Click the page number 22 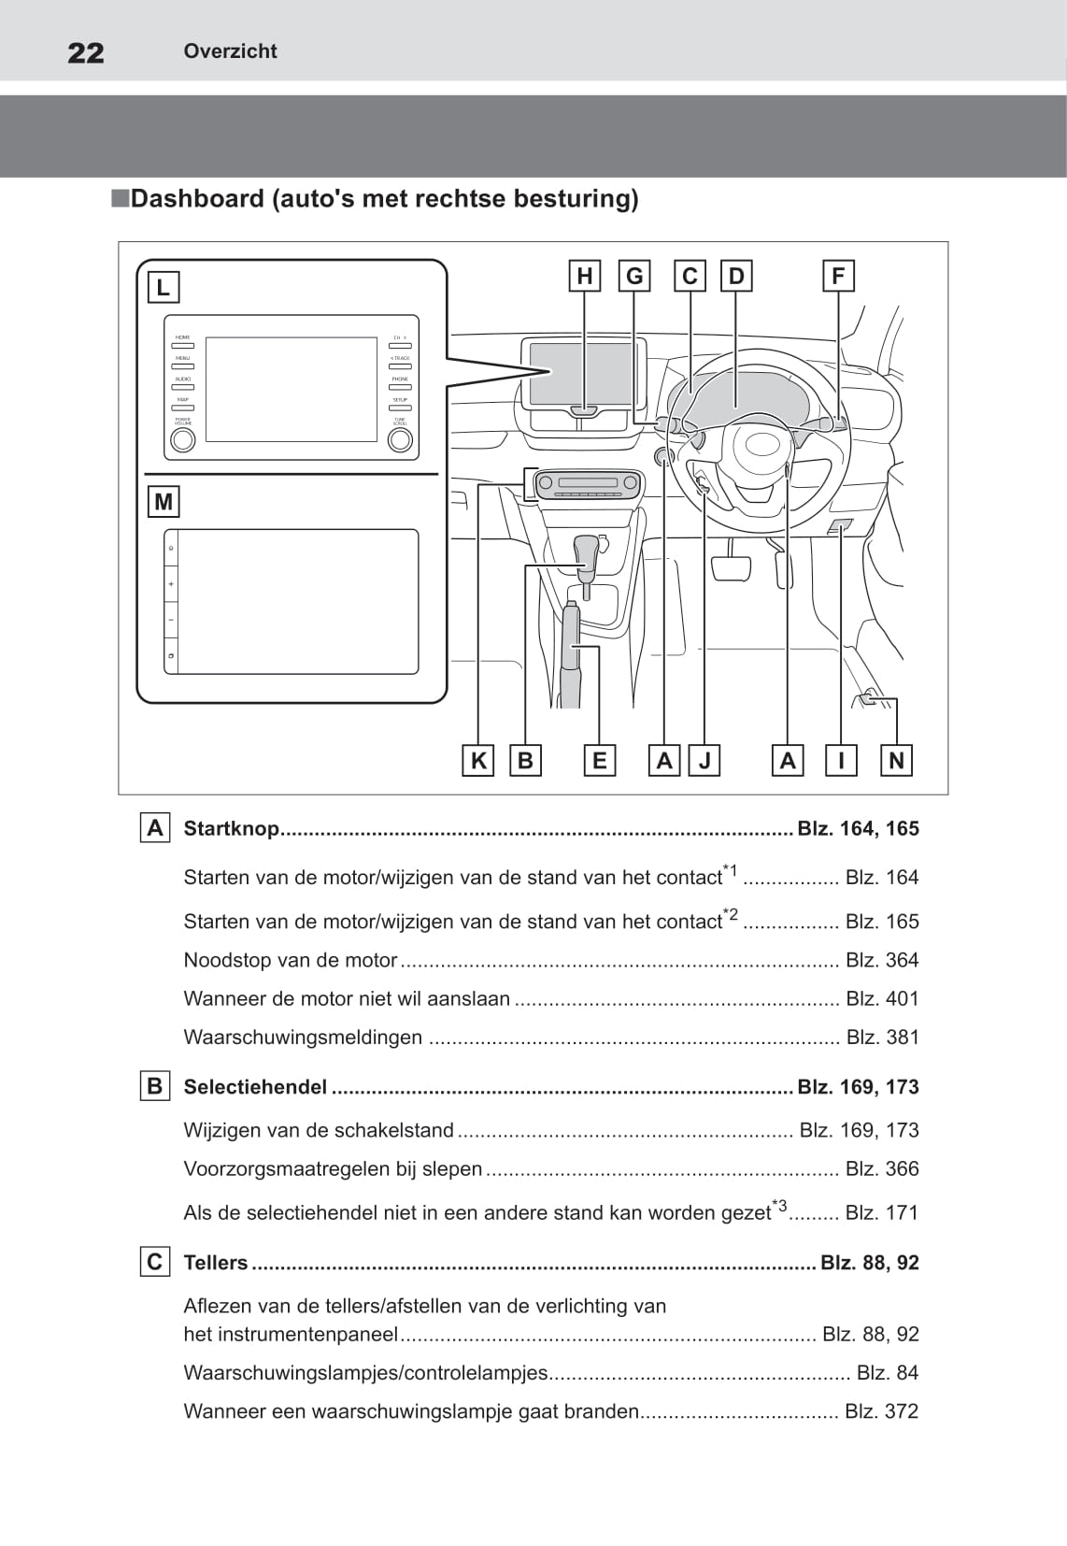86,52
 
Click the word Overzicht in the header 230,51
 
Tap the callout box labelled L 164,287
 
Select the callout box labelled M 164,502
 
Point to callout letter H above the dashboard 585,276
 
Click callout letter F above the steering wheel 838,276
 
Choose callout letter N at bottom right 897,761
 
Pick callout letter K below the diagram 478,761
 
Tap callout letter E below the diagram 599,761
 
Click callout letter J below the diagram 704,761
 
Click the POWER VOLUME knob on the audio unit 183,439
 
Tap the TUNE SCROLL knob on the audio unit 400,439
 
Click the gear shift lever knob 587,550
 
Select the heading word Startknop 231,828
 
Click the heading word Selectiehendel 255,1086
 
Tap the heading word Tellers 216,1262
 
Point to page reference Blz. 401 882,998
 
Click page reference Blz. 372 881,1410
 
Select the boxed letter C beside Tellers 155,1262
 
